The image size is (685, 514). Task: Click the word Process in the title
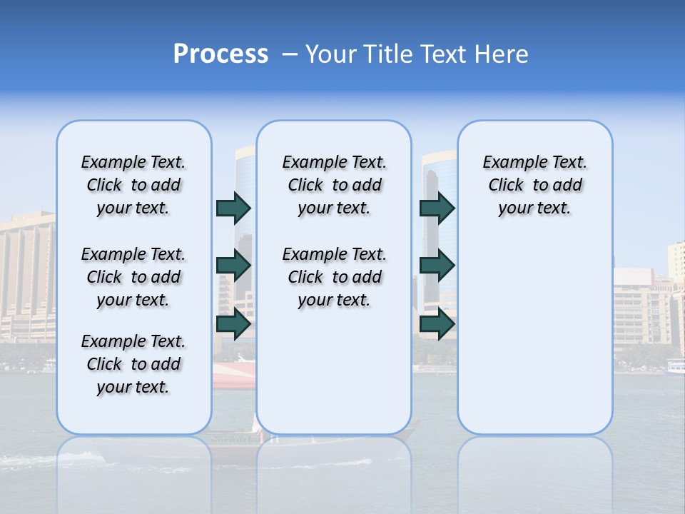click(x=220, y=54)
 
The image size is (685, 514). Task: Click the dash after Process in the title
click(x=290, y=55)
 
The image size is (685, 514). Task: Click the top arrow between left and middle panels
click(x=233, y=208)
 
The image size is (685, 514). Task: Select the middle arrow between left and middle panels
click(x=233, y=266)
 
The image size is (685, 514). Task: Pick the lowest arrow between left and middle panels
click(x=233, y=324)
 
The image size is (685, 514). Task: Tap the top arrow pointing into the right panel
click(x=437, y=208)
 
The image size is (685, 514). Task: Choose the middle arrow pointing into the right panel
click(x=437, y=266)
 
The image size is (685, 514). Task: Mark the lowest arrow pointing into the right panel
click(x=437, y=324)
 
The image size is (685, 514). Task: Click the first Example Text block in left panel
click(x=133, y=185)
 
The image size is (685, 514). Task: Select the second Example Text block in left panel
click(x=133, y=277)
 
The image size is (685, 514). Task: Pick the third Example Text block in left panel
click(x=133, y=364)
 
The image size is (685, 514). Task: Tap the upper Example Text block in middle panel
click(x=334, y=185)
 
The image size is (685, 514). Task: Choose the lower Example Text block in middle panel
click(x=334, y=277)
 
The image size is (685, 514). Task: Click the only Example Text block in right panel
click(x=534, y=185)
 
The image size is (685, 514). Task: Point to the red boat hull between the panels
click(x=234, y=374)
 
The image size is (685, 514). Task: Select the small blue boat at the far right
click(x=674, y=367)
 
